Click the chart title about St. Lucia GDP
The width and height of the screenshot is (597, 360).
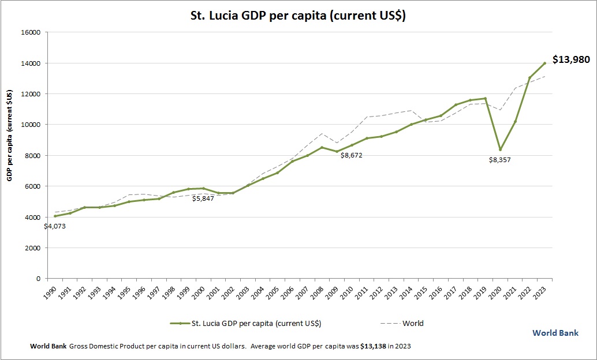[298, 16]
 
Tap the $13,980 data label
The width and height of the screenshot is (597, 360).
[571, 59]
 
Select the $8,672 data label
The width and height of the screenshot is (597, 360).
[351, 155]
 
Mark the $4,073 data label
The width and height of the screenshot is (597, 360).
[55, 226]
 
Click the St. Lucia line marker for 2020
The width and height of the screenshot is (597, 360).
[500, 149]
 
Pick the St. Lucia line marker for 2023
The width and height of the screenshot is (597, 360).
[544, 63]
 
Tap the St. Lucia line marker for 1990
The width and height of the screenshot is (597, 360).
[55, 216]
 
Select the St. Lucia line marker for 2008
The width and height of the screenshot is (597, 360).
[322, 147]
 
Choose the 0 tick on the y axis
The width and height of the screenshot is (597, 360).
[38, 279]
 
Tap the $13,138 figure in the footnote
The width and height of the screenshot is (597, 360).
[372, 346]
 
